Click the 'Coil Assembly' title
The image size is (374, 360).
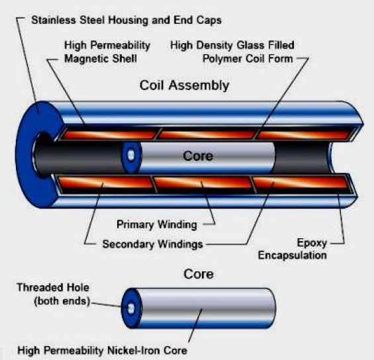pos(184,85)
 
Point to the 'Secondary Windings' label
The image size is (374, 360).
pos(152,244)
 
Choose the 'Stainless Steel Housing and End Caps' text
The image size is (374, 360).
pos(125,19)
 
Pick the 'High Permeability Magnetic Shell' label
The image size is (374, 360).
pos(108,52)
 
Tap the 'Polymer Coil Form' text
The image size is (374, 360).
pos(248,58)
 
